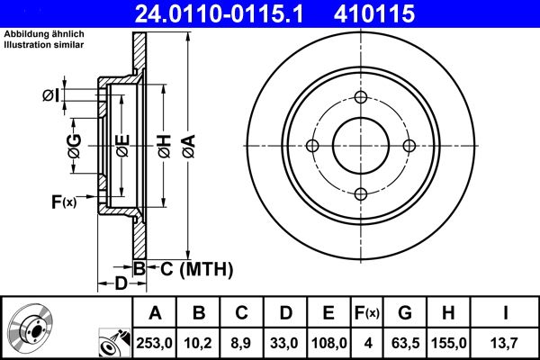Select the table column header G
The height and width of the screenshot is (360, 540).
coord(404,312)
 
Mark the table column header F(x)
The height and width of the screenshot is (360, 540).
coord(366,312)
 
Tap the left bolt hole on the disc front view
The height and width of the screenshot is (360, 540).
coord(313,146)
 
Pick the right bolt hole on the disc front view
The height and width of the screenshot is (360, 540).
coord(409,146)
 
